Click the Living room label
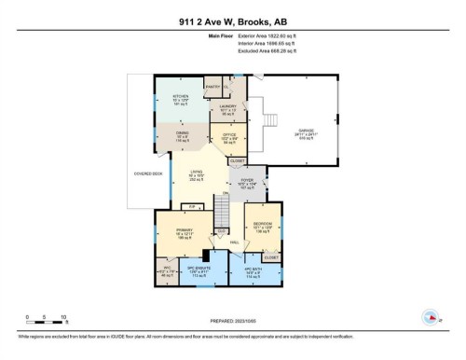tap(197, 174)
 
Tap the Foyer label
tap(247, 184)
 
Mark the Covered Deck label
tap(149, 172)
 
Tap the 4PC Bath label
tap(255, 272)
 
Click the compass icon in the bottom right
tap(431, 315)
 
